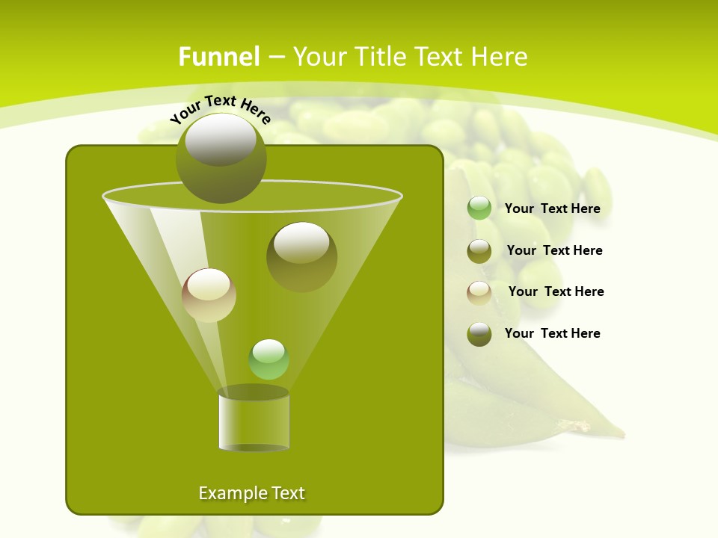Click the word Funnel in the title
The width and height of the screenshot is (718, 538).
tap(219, 57)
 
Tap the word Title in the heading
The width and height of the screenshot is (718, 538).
tap(379, 57)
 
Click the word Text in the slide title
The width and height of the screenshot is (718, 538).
tap(438, 57)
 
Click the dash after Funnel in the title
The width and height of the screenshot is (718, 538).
tap(275, 58)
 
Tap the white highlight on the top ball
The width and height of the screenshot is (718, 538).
tap(220, 139)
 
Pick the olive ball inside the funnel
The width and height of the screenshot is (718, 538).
tap(301, 258)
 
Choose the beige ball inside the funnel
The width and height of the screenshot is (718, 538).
tap(209, 295)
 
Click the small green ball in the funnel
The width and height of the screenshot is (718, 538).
tap(269, 359)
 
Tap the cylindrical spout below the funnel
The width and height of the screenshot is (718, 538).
tap(254, 422)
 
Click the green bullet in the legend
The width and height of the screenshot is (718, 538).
tap(479, 208)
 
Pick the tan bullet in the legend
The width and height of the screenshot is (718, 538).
tap(479, 293)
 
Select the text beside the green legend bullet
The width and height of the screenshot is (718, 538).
tap(552, 209)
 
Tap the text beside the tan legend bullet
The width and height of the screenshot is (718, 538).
tap(556, 292)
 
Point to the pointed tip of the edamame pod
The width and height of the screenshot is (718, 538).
tap(620, 433)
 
